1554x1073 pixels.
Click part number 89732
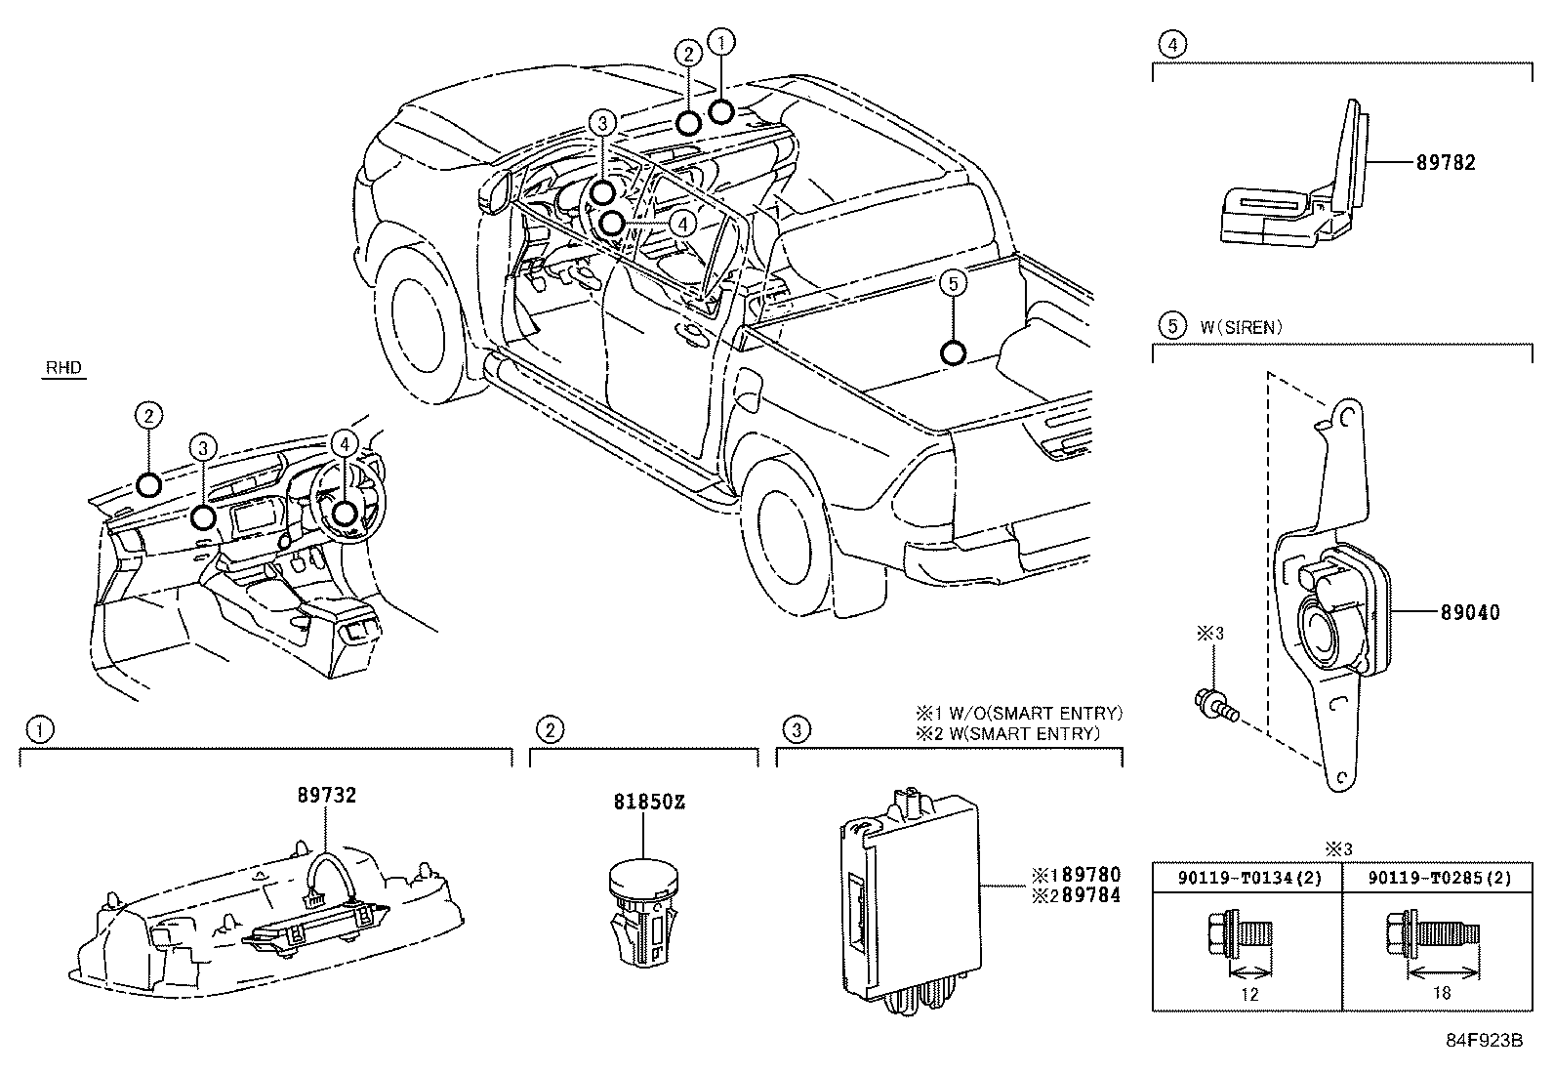pyautogui.click(x=326, y=796)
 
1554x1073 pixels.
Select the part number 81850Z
pyautogui.click(x=648, y=803)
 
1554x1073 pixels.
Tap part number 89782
pyautogui.click(x=1446, y=163)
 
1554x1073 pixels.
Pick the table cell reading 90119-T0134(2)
pyautogui.click(x=1248, y=878)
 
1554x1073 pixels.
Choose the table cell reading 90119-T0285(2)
pyautogui.click(x=1439, y=878)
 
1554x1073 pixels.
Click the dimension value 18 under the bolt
pyautogui.click(x=1441, y=993)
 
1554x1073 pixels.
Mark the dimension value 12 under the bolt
pyautogui.click(x=1249, y=994)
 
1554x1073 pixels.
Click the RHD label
pyautogui.click(x=64, y=369)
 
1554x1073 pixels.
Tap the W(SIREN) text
pyautogui.click(x=1238, y=327)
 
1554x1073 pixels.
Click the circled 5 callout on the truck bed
pyautogui.click(x=954, y=283)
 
